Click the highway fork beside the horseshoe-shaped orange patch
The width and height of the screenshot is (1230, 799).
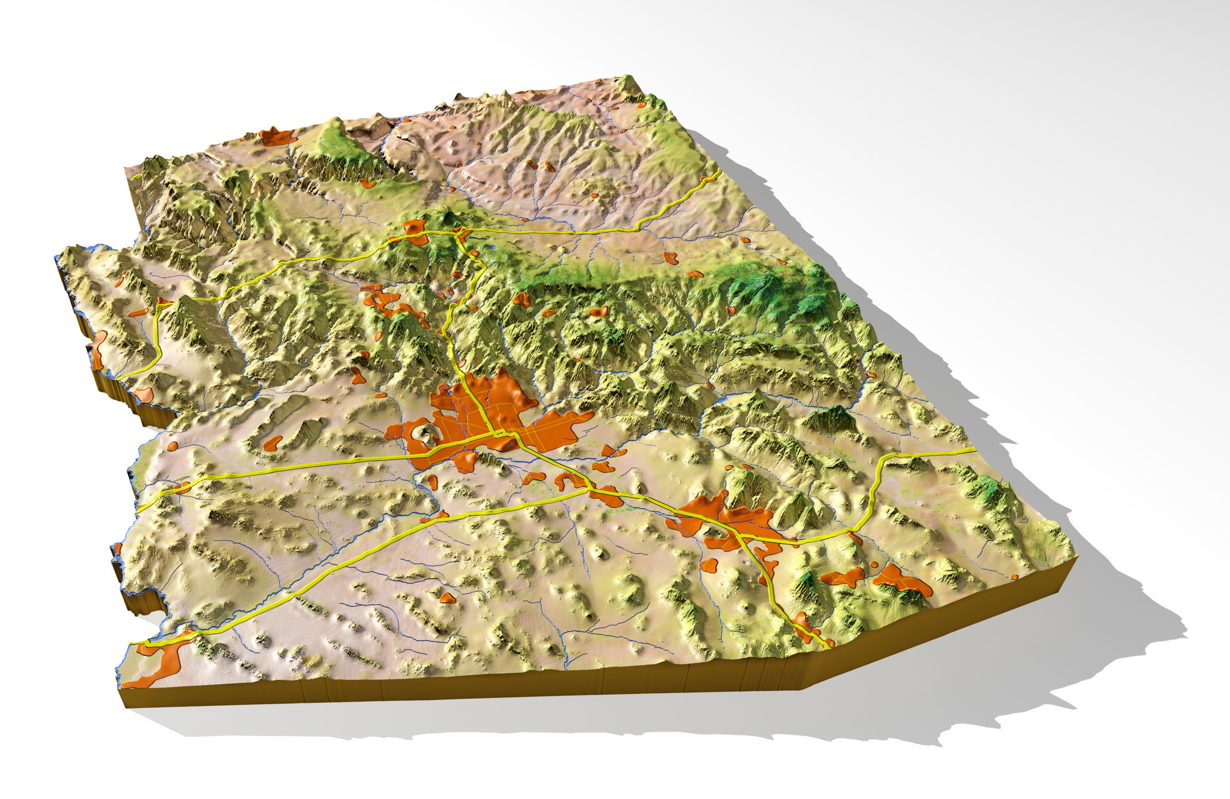click(589, 486)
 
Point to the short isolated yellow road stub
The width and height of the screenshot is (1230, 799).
click(137, 176)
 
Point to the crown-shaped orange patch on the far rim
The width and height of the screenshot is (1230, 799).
click(277, 136)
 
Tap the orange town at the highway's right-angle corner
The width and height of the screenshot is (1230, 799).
click(164, 302)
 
